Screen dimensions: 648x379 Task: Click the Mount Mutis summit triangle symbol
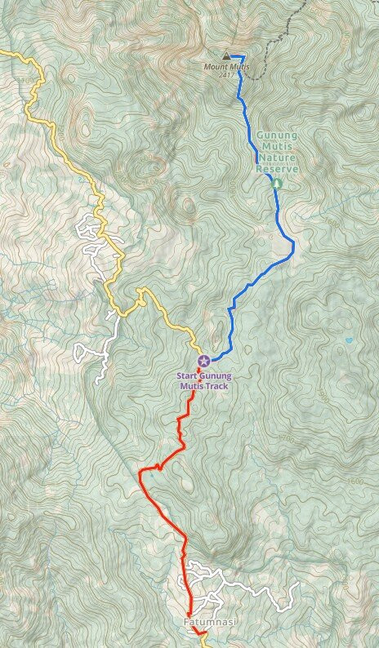pyautogui.click(x=226, y=57)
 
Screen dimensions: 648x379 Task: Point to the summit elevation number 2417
pyautogui.click(x=225, y=74)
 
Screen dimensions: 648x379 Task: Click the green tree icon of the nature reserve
pyautogui.click(x=277, y=183)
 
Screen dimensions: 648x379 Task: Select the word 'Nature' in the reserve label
pyautogui.click(x=278, y=160)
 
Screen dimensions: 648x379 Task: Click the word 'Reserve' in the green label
pyautogui.click(x=278, y=169)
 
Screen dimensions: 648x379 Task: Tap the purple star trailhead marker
pyautogui.click(x=204, y=361)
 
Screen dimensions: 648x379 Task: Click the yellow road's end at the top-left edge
pyautogui.click(x=2, y=52)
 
